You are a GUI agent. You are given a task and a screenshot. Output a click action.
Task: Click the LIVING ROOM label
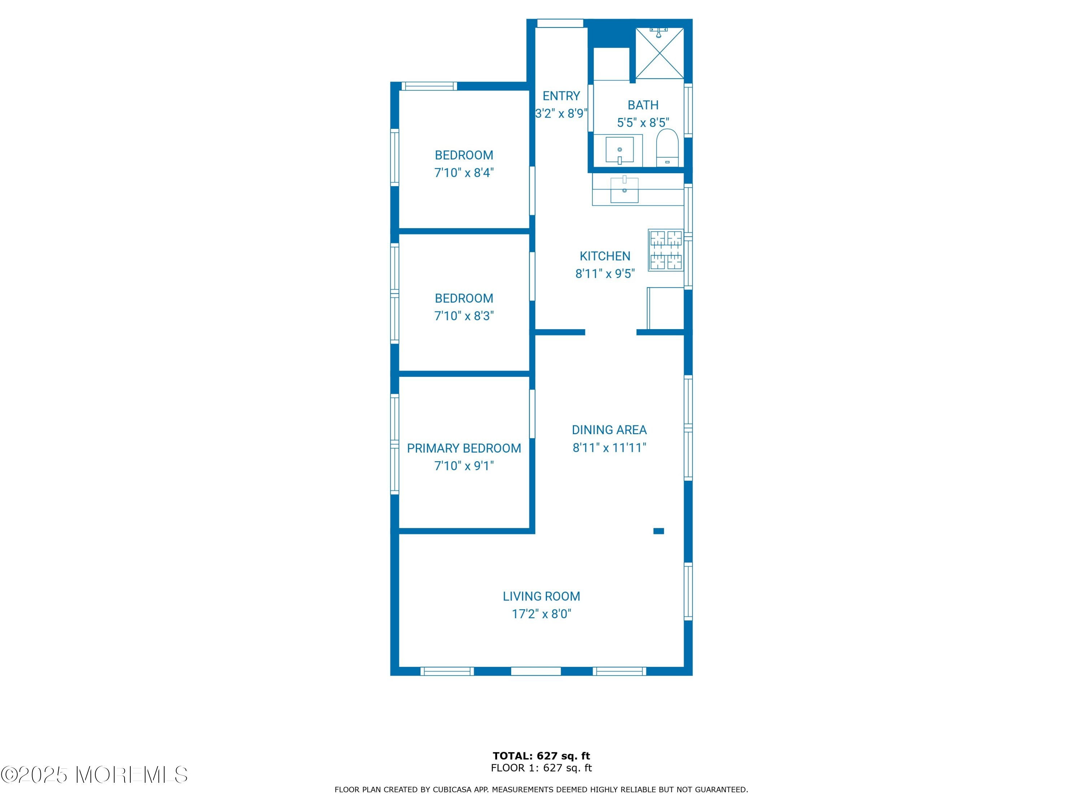pos(541,596)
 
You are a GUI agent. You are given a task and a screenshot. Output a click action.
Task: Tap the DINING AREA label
pos(609,430)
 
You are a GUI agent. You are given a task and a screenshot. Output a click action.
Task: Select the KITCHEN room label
pos(605,256)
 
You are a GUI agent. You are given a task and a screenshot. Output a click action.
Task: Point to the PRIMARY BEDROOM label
pos(464,448)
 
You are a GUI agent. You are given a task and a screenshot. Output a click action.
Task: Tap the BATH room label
pos(643,105)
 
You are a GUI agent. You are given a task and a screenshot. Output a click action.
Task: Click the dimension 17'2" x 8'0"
pos(541,614)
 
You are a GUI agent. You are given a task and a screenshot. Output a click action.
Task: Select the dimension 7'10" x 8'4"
pos(464,173)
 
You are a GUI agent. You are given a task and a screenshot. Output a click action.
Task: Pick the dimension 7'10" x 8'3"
pos(464,316)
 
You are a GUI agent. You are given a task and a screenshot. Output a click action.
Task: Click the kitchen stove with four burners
pos(666,250)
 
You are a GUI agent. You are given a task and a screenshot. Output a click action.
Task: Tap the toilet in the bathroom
pos(667,148)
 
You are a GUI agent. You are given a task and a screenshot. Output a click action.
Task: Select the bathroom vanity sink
pos(619,150)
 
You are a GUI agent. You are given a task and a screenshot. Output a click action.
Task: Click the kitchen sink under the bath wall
pos(625,190)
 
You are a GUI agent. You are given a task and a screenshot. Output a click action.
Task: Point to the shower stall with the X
pos(660,53)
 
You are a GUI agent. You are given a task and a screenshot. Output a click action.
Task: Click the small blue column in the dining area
pos(658,531)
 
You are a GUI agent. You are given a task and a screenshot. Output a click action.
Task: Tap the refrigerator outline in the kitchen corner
pos(665,308)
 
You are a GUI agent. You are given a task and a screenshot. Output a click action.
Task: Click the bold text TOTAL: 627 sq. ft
pos(541,756)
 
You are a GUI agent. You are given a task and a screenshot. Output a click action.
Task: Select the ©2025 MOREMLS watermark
pos(94,775)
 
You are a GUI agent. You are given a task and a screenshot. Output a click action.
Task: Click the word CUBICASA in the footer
pos(451,790)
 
